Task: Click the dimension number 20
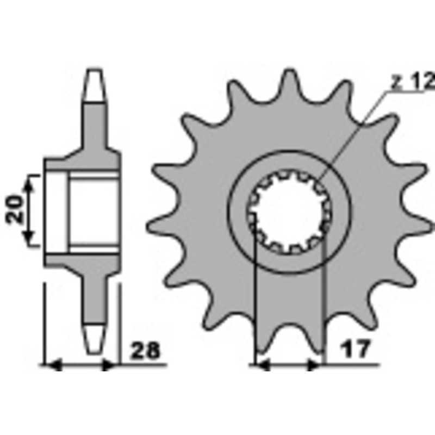(15, 209)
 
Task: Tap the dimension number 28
(145, 350)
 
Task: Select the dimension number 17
(356, 349)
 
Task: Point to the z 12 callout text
(413, 82)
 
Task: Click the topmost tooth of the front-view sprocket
(289, 83)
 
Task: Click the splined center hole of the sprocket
(289, 212)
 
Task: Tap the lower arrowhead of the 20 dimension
(29, 237)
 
